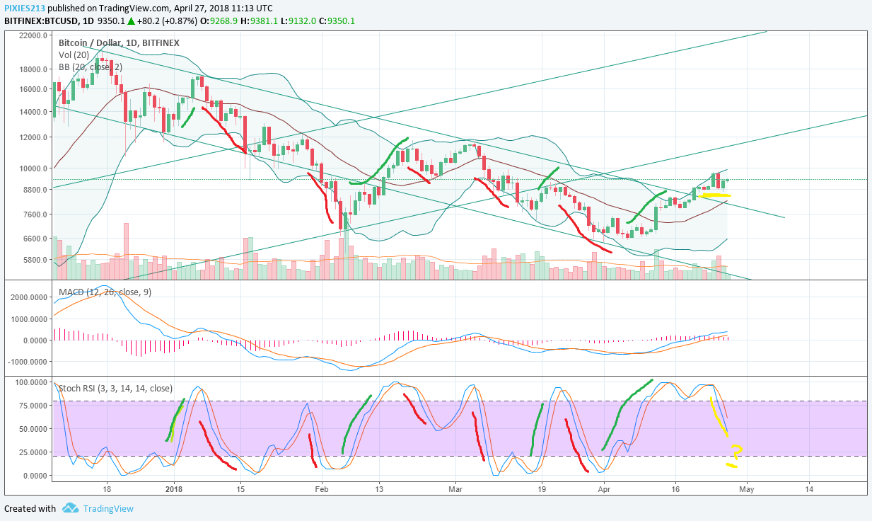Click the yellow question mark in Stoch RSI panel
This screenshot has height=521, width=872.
(736, 451)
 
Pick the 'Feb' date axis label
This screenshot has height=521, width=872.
(322, 488)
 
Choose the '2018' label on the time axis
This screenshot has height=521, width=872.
(174, 488)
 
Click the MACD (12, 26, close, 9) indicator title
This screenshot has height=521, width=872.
(105, 292)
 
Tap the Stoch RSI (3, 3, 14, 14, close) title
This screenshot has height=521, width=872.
(115, 388)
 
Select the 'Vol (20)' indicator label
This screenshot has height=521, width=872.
(75, 55)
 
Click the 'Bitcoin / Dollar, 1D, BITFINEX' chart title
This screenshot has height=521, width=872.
(119, 42)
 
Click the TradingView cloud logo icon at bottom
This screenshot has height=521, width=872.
(70, 508)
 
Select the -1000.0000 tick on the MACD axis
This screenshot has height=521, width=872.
(28, 361)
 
